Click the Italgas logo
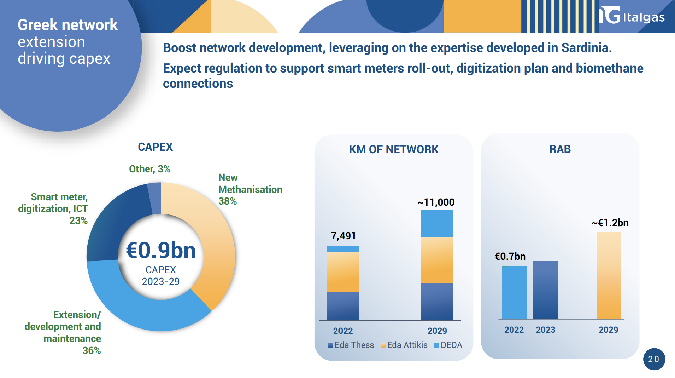click(x=632, y=15)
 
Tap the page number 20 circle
click(x=654, y=359)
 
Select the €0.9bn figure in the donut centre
click(x=161, y=250)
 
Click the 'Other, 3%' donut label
click(x=149, y=169)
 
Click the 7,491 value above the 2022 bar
click(x=343, y=236)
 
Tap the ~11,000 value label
click(x=436, y=202)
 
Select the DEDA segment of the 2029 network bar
click(x=437, y=223)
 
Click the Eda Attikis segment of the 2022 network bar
click(x=343, y=272)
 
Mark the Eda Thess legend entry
click(x=351, y=345)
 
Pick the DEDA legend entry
click(x=448, y=345)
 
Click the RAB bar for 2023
click(x=545, y=290)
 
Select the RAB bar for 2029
click(x=609, y=276)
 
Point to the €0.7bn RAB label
click(x=510, y=256)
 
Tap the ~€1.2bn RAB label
click(x=610, y=223)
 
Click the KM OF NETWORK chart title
click(x=394, y=149)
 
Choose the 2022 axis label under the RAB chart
click(x=514, y=330)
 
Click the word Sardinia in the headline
click(x=586, y=48)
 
